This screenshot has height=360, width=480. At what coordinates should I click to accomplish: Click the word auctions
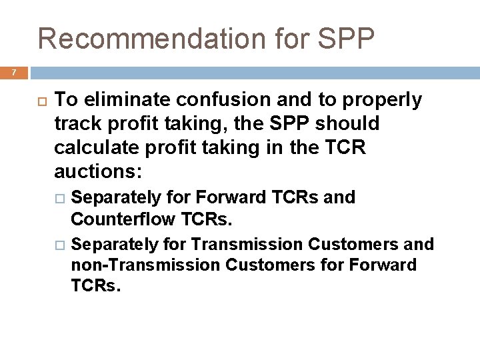pyautogui.click(x=97, y=171)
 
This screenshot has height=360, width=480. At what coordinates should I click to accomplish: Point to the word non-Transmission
pyautogui.click(x=145, y=265)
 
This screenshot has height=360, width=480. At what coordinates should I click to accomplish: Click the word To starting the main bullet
pyautogui.click(x=65, y=100)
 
